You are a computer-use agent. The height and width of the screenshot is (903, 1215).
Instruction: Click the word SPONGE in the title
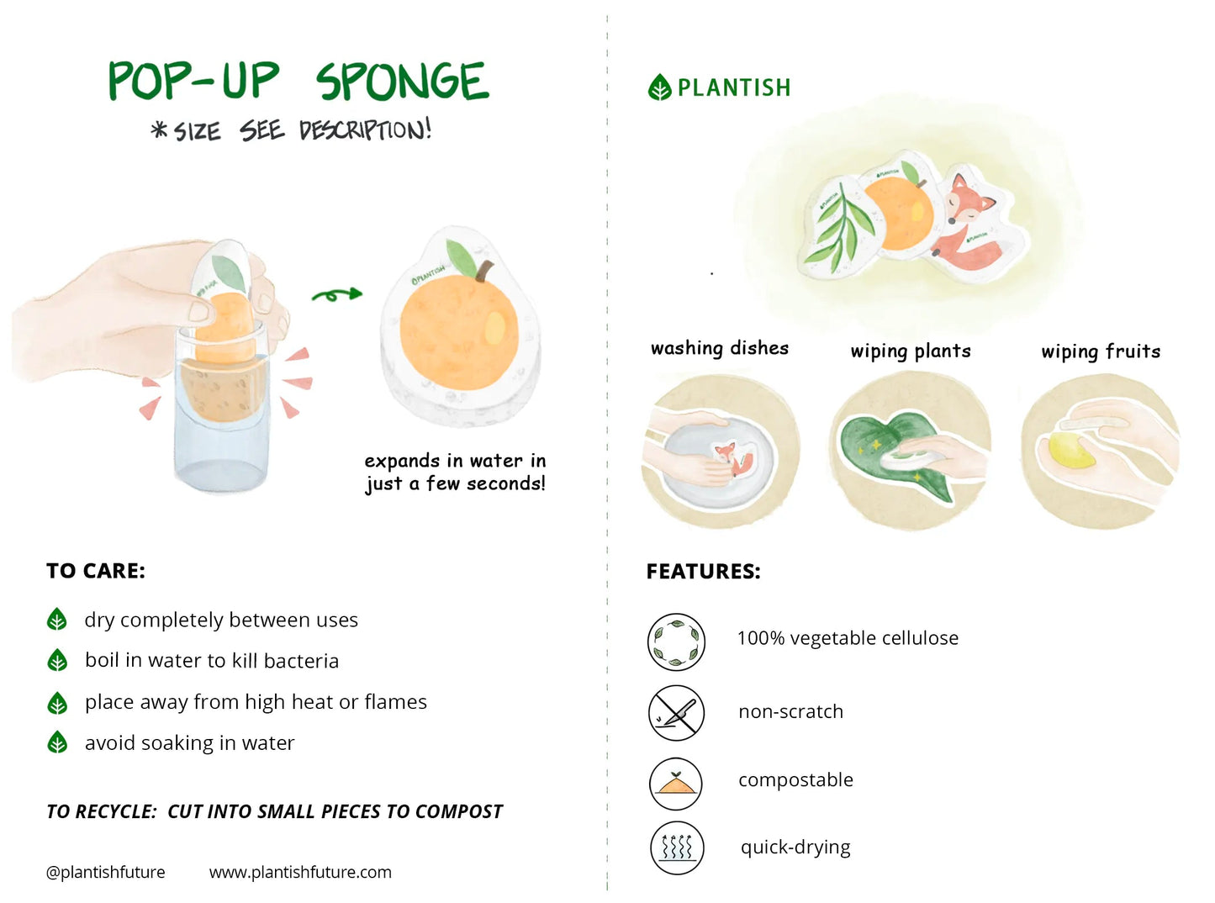tap(402, 82)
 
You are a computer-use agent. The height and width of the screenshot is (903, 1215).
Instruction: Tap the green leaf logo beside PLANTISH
tap(660, 87)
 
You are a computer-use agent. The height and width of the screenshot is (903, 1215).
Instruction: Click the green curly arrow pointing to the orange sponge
tap(336, 294)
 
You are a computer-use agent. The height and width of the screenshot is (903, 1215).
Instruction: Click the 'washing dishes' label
tap(720, 348)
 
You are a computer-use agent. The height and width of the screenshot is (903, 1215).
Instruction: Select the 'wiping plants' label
tap(911, 351)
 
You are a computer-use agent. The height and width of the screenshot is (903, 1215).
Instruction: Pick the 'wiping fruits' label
tap(1101, 351)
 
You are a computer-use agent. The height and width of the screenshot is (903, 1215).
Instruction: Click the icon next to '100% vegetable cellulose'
tap(676, 642)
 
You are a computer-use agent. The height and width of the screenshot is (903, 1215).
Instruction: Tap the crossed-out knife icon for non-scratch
tap(676, 713)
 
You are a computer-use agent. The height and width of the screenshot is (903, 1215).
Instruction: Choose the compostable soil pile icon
tap(676, 783)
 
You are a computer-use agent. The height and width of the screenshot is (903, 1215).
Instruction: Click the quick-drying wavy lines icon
tap(676, 848)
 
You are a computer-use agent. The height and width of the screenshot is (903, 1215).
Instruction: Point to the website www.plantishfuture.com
tap(300, 872)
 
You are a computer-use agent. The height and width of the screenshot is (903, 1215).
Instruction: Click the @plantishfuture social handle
tap(106, 872)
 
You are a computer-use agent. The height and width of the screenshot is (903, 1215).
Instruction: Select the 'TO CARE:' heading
tap(96, 571)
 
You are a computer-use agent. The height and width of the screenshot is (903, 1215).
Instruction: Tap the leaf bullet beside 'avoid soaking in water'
tap(57, 742)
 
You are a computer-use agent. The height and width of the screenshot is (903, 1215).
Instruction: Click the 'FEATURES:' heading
tap(703, 572)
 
